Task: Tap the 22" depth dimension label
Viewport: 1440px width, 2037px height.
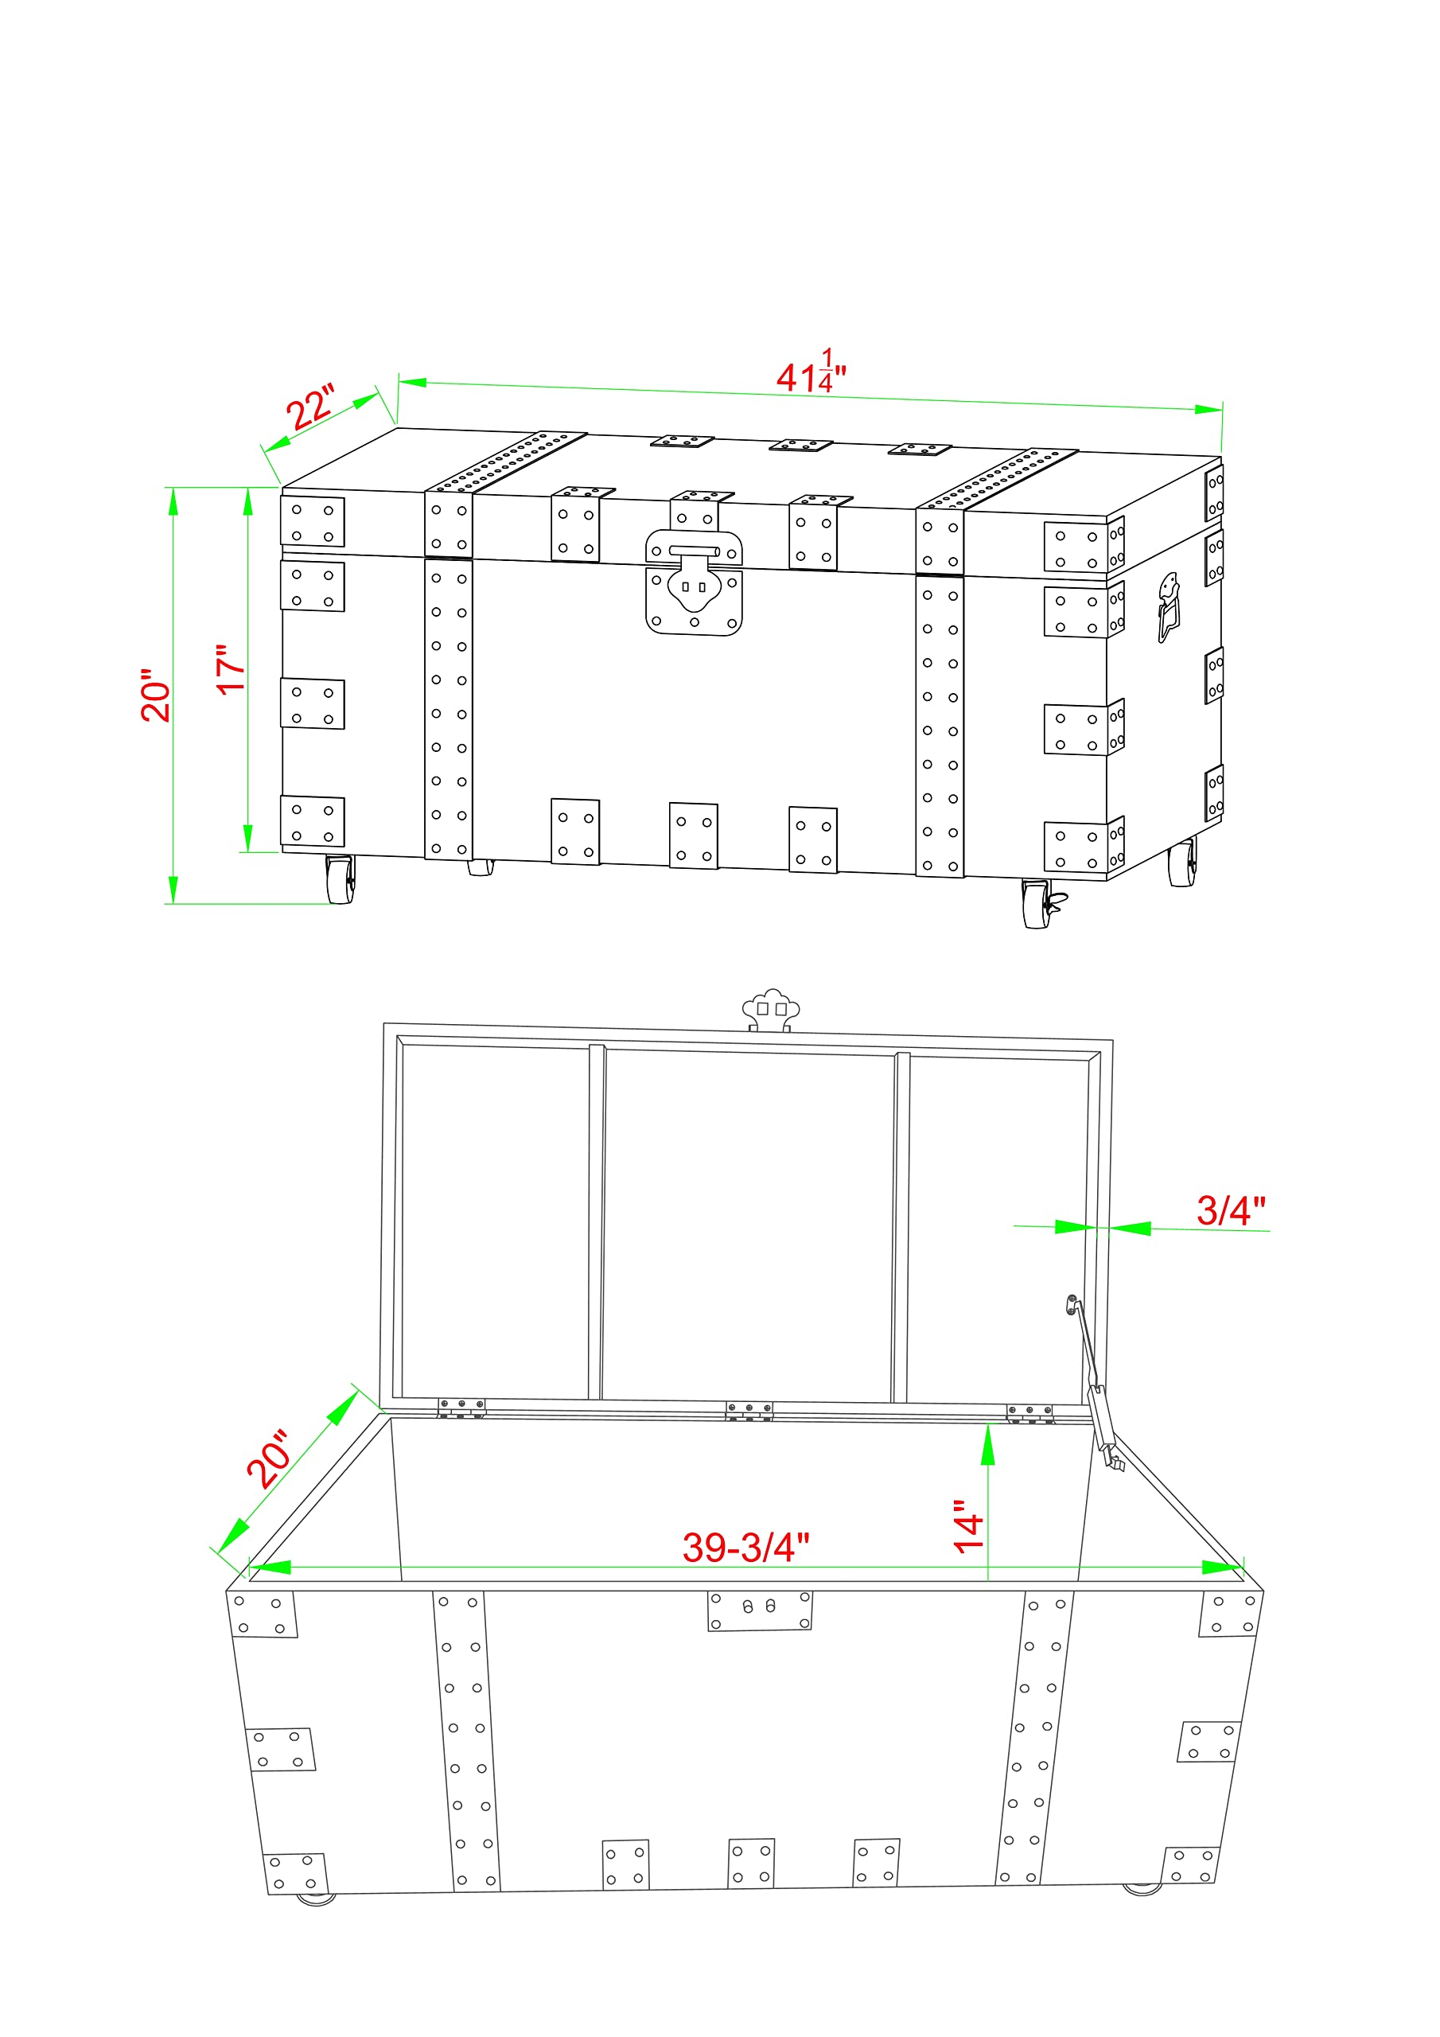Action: tap(310, 407)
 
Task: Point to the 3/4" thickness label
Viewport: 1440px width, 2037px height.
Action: tap(1231, 1210)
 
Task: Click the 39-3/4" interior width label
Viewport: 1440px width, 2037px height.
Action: tap(745, 1548)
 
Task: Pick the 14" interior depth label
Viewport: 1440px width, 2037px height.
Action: tap(968, 1527)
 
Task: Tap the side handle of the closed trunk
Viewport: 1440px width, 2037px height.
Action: tap(1170, 607)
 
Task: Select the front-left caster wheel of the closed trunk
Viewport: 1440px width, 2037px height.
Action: tap(340, 879)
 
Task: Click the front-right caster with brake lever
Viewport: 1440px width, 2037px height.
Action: tap(1041, 904)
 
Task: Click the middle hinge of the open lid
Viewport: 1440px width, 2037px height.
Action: tap(749, 1411)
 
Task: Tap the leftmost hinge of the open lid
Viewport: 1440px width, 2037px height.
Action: tap(461, 1408)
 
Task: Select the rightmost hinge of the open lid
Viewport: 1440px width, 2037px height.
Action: tap(1029, 1413)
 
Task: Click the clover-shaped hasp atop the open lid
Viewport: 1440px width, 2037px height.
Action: tap(770, 1011)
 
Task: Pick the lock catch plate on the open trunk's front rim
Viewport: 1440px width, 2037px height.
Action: tap(760, 1611)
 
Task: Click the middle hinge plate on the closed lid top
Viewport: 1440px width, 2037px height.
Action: tap(800, 445)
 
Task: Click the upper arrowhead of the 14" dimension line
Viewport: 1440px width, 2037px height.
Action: tap(987, 1443)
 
